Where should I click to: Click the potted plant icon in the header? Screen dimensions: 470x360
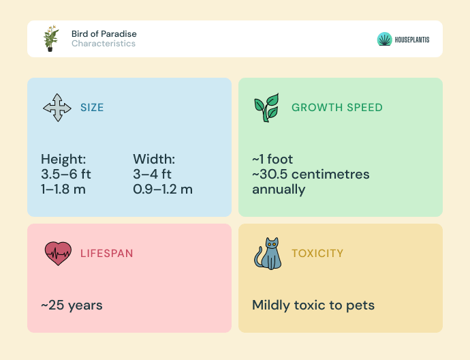[x=51, y=38]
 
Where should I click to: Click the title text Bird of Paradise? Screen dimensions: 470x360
[x=104, y=33]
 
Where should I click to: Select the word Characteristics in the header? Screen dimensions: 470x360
[x=104, y=44]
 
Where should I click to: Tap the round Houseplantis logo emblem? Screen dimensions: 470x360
[x=384, y=39]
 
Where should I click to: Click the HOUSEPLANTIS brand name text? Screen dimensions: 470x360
[x=412, y=40]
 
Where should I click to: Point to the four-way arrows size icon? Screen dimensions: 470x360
[x=57, y=108]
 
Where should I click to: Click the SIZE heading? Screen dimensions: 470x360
[x=92, y=108]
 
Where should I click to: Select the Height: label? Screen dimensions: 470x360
[x=63, y=159]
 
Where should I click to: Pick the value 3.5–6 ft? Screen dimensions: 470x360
[x=66, y=174]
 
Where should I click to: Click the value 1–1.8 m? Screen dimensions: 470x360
[x=63, y=190]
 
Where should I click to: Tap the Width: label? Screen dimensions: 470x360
[x=154, y=159]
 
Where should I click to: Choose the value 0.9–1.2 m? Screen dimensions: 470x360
[x=163, y=190]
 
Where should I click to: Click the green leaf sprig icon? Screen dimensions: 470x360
[x=266, y=108]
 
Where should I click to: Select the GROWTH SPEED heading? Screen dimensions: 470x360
[x=337, y=108]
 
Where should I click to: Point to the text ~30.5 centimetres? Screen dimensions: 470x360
[x=311, y=174]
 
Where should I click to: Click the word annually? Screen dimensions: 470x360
[x=279, y=190]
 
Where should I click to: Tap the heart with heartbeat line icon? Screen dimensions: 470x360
[x=58, y=254]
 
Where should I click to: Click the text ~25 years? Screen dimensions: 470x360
[x=72, y=305]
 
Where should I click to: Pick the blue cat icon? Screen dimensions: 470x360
[x=268, y=254]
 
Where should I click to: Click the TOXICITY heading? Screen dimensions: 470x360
[x=317, y=254]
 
